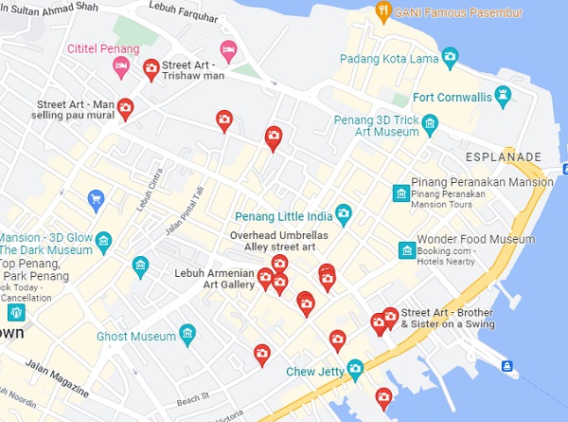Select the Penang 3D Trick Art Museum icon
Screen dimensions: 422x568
click(x=431, y=124)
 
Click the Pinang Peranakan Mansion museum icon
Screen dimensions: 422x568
click(x=400, y=194)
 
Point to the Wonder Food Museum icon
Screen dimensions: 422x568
click(x=407, y=250)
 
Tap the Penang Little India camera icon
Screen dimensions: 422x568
click(x=343, y=212)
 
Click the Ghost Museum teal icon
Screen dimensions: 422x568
click(x=187, y=335)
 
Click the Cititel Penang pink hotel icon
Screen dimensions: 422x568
click(x=120, y=65)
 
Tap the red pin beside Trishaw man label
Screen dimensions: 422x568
click(x=150, y=68)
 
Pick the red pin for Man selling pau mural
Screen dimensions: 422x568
click(x=125, y=109)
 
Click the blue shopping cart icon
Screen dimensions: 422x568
click(x=95, y=199)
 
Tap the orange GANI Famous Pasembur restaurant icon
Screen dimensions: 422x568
click(x=382, y=11)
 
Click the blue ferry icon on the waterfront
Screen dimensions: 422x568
click(x=506, y=366)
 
